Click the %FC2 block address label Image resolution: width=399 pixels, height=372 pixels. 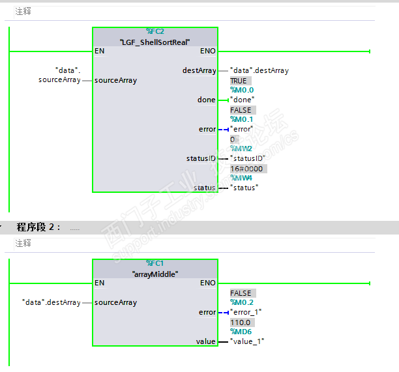pyautogui.click(x=155, y=31)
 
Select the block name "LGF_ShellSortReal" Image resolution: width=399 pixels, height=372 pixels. pyautogui.click(x=155, y=42)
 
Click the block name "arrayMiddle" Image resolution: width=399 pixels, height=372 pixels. pyautogui.click(x=155, y=274)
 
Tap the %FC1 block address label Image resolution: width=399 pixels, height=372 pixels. pyautogui.click(x=155, y=263)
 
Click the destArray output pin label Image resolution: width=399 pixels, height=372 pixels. pyautogui.click(x=199, y=70)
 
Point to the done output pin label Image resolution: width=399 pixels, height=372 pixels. pyautogui.click(x=206, y=100)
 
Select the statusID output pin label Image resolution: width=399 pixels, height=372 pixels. pyautogui.click(x=201, y=158)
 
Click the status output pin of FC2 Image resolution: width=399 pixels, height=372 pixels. pyautogui.click(x=204, y=188)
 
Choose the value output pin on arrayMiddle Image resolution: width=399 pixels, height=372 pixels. pyautogui.click(x=205, y=341)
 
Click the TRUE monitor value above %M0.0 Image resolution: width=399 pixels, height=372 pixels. pyautogui.click(x=239, y=81)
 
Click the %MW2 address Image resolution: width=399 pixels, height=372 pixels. pyautogui.click(x=242, y=149)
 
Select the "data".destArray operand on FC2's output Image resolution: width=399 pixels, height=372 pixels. pyautogui.click(x=259, y=70)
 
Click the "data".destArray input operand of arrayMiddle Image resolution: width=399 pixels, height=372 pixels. pyautogui.click(x=51, y=302)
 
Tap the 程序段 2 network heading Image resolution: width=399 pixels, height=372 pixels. pyautogui.click(x=38, y=227)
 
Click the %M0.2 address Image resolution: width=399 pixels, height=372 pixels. pyautogui.click(x=243, y=303)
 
